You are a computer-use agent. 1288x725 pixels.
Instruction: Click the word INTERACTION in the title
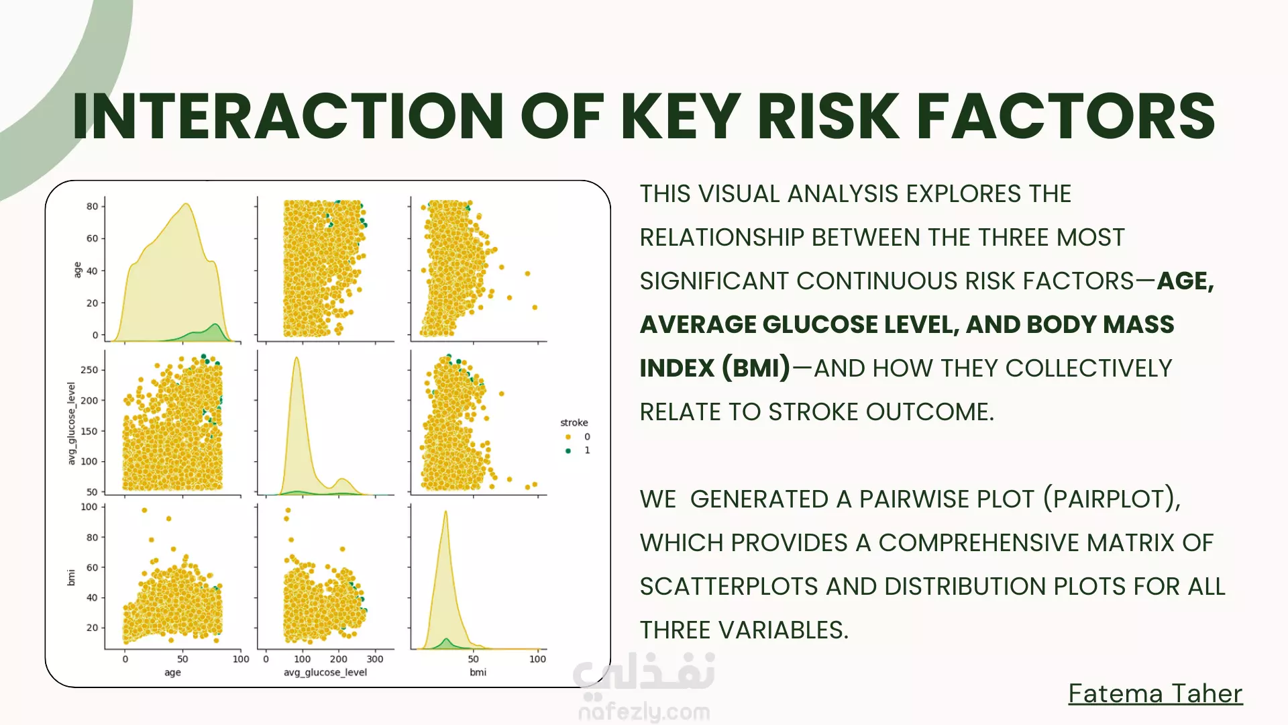point(288,116)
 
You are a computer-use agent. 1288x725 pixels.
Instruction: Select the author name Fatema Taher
point(1155,693)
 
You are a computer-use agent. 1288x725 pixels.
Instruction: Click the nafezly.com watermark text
point(644,712)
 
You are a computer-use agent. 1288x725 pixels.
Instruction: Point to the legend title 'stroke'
point(574,422)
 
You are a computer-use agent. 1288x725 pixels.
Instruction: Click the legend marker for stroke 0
point(568,437)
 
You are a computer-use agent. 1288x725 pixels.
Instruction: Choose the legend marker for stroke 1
point(568,450)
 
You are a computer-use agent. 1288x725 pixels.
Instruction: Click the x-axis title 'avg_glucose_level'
point(325,673)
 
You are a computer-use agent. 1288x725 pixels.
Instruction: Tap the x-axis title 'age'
point(172,673)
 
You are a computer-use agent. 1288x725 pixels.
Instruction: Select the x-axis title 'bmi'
point(478,672)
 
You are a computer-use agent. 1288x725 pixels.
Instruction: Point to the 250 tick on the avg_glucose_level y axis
point(89,370)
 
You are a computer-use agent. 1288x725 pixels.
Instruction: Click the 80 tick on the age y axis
point(92,206)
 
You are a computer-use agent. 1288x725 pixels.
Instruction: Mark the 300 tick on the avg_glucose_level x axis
point(375,659)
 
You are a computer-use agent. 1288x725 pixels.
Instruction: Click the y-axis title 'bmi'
point(71,577)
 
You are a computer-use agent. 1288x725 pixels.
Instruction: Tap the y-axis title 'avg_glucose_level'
point(71,424)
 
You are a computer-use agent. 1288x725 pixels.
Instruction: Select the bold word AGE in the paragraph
point(1184,281)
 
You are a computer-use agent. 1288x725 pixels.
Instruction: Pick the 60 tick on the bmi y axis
point(92,567)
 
